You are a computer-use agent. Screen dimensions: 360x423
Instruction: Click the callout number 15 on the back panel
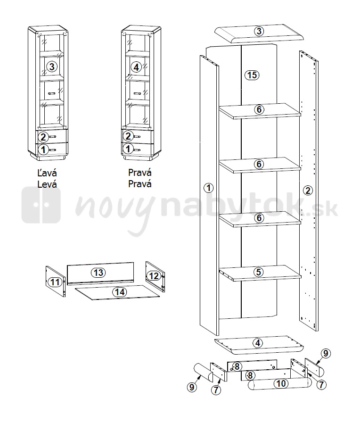pos(252,75)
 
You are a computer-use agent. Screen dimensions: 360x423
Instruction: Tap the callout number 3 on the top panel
pos(259,31)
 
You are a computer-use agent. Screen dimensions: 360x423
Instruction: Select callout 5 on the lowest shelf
pos(259,272)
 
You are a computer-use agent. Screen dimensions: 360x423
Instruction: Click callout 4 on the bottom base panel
pos(258,343)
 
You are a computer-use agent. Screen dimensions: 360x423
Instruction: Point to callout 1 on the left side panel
pos(209,188)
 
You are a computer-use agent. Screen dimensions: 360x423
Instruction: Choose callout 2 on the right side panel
pos(308,191)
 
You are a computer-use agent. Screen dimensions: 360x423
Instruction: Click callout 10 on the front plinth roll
pos(281,383)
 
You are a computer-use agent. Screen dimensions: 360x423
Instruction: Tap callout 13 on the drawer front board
pos(98,273)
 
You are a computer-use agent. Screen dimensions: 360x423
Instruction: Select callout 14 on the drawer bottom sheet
pos(119,292)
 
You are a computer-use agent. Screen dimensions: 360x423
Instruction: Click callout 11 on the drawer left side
pos(55,282)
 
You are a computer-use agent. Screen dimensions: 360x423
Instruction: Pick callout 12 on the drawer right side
pos(154,276)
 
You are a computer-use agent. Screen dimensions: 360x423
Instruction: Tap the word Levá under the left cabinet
pos(47,184)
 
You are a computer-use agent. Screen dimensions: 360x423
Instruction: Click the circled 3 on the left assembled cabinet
pos(52,66)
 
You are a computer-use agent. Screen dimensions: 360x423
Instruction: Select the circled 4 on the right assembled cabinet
pos(136,67)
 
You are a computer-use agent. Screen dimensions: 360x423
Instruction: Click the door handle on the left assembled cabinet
pos(52,94)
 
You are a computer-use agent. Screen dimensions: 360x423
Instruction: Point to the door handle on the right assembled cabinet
pos(137,94)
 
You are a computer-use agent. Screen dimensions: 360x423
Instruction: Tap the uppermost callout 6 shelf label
pos(259,109)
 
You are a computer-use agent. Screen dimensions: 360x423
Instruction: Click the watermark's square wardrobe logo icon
pos(41,205)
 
